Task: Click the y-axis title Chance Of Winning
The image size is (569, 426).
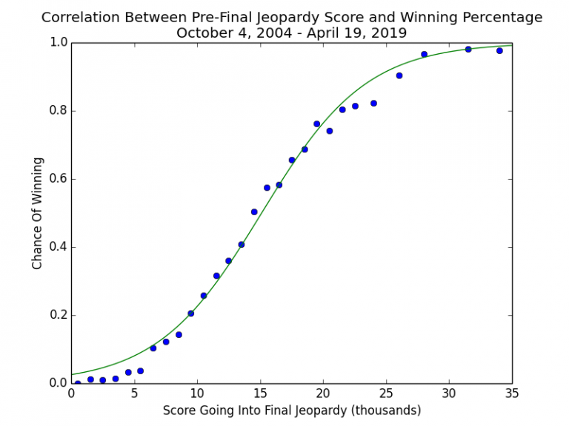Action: [38, 213]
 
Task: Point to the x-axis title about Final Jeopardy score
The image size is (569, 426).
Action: [291, 410]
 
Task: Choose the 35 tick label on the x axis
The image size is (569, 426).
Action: [511, 393]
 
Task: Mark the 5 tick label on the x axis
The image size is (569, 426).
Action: [133, 393]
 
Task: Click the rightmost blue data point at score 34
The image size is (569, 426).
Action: [499, 51]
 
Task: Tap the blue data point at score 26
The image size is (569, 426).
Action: [399, 75]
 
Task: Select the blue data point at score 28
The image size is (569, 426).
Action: [424, 54]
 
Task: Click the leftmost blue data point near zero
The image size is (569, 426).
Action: [77, 383]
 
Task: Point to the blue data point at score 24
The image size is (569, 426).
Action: [373, 103]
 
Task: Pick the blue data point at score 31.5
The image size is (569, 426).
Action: [468, 50]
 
